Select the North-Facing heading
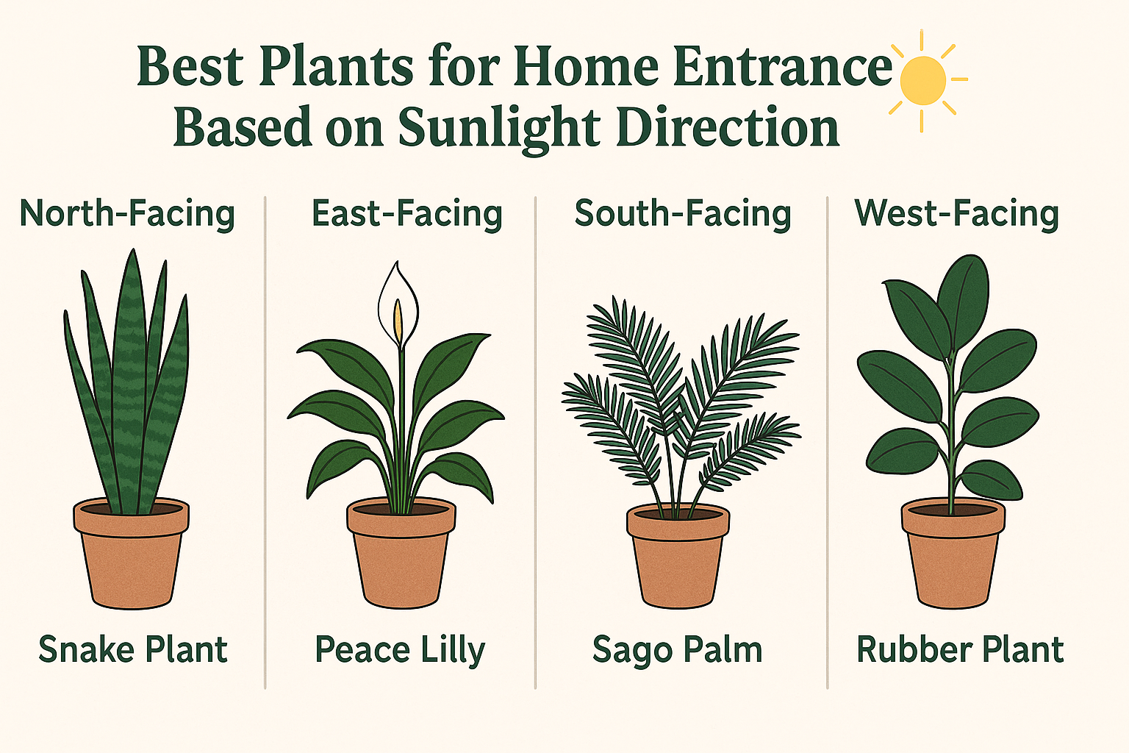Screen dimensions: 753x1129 pyautogui.click(x=127, y=214)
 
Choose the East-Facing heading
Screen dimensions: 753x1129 pyautogui.click(x=406, y=214)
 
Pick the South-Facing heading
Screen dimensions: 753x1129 pyautogui.click(x=682, y=214)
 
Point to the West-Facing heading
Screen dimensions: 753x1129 pyautogui.click(x=956, y=214)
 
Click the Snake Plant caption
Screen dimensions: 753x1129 pyautogui.click(x=133, y=650)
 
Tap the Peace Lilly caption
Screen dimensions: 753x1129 pyautogui.click(x=400, y=650)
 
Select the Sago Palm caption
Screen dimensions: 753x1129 pyautogui.click(x=677, y=650)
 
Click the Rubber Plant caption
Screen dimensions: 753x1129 pyautogui.click(x=960, y=650)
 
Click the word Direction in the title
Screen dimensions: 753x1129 pyautogui.click(x=727, y=128)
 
